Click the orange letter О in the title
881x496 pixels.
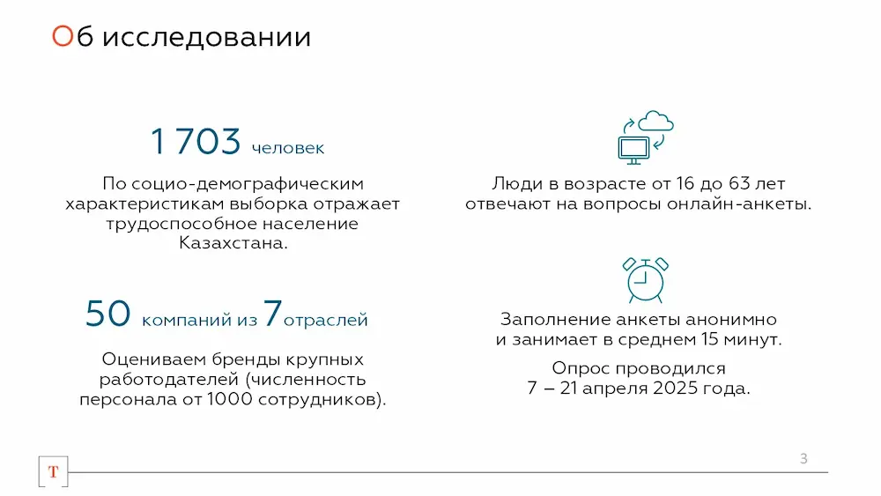point(63,36)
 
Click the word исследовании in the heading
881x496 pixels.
point(207,37)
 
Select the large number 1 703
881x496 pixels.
point(196,141)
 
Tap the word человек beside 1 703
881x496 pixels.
point(288,148)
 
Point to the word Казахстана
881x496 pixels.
point(233,243)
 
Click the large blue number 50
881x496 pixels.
point(107,314)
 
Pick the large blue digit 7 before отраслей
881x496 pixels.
point(272,313)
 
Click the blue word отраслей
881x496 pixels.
point(325,320)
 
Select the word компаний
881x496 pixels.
point(187,320)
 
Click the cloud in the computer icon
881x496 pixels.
point(655,121)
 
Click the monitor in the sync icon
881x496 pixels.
point(633,150)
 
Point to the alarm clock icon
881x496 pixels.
point(645,280)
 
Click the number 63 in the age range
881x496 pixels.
point(740,183)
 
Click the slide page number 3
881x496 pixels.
point(803,459)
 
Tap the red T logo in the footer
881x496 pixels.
point(54,472)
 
